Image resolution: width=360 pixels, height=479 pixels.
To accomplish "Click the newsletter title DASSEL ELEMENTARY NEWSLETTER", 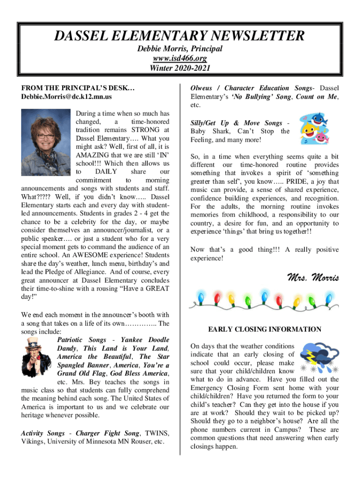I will pyautogui.click(x=180, y=35).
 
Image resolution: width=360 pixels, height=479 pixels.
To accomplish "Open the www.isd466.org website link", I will pyautogui.click(x=180, y=58).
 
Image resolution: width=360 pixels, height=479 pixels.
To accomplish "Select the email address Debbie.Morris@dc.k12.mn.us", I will pyautogui.click(x=66, y=97).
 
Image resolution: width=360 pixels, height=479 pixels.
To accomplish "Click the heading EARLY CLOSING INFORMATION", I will pyautogui.click(x=265, y=329).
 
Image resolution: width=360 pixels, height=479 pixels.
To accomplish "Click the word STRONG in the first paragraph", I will pyautogui.click(x=145, y=130).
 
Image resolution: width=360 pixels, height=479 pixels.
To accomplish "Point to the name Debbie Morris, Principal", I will pyautogui.click(x=180, y=49).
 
